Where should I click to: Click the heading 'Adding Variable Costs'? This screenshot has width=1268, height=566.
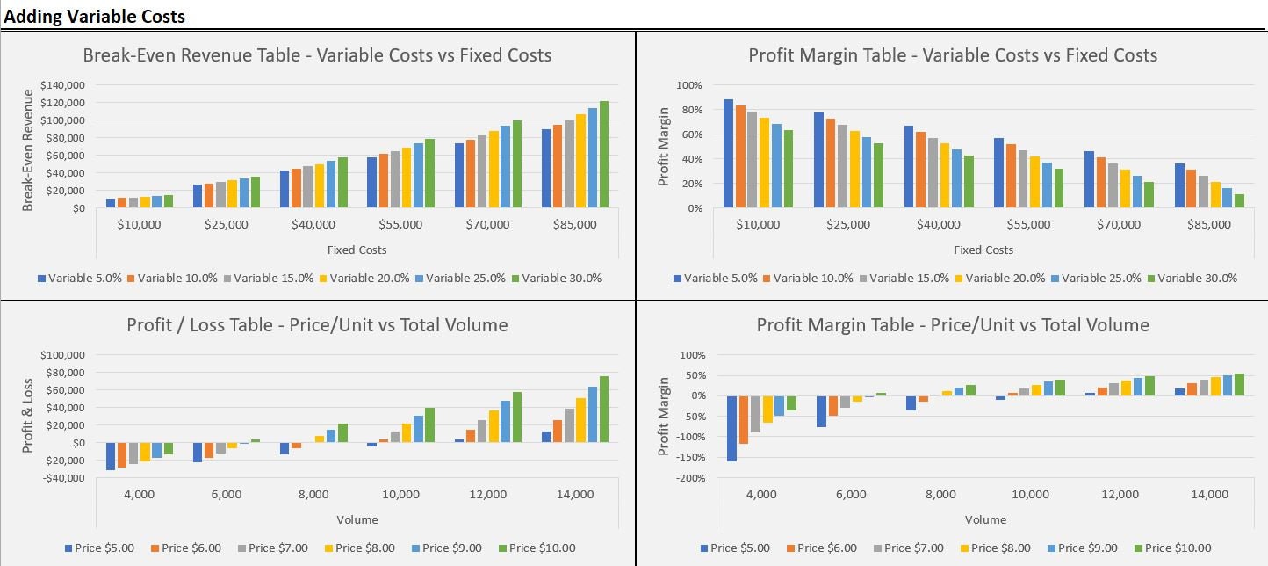[x=95, y=16]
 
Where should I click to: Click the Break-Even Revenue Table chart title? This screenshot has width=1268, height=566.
[x=317, y=55]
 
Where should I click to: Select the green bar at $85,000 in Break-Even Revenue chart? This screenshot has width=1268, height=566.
[x=603, y=155]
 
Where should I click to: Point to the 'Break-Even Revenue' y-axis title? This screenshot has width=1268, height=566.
[x=27, y=148]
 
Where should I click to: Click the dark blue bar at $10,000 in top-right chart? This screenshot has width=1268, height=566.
[x=728, y=154]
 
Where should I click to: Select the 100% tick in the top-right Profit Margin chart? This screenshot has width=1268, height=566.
[x=689, y=85]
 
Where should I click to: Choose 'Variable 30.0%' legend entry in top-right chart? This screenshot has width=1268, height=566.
[x=1196, y=279]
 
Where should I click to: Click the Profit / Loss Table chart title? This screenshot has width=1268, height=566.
[x=317, y=325]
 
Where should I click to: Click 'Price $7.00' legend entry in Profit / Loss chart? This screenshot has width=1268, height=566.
[x=277, y=548]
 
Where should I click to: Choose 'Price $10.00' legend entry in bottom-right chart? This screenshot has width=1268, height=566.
[x=1179, y=548]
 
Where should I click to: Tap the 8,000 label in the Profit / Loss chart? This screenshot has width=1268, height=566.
[x=313, y=495]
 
